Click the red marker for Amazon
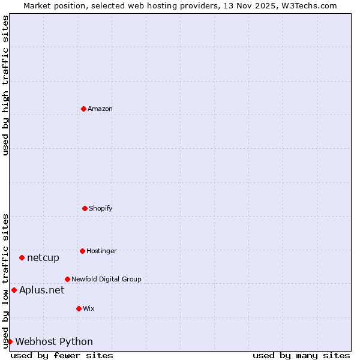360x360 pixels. (x=83, y=109)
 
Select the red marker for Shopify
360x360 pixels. (x=85, y=208)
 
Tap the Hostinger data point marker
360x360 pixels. (x=82, y=251)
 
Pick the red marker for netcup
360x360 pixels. (x=22, y=258)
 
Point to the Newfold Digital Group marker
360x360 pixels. (x=67, y=279)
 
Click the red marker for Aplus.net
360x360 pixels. (x=14, y=290)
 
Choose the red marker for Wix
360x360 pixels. (x=79, y=308)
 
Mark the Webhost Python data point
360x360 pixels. (x=10, y=341)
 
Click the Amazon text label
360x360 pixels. (x=100, y=109)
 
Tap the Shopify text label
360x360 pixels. (x=101, y=208)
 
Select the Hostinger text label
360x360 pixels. (x=101, y=251)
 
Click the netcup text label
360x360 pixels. (x=43, y=258)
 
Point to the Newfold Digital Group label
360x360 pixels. (x=106, y=279)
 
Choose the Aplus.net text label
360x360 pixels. (x=41, y=290)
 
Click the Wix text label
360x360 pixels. (x=89, y=308)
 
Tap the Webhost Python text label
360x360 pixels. (x=54, y=342)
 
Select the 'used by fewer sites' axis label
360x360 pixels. (x=62, y=355)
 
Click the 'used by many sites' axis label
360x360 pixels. (x=301, y=355)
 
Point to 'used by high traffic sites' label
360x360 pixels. (x=5, y=85)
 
